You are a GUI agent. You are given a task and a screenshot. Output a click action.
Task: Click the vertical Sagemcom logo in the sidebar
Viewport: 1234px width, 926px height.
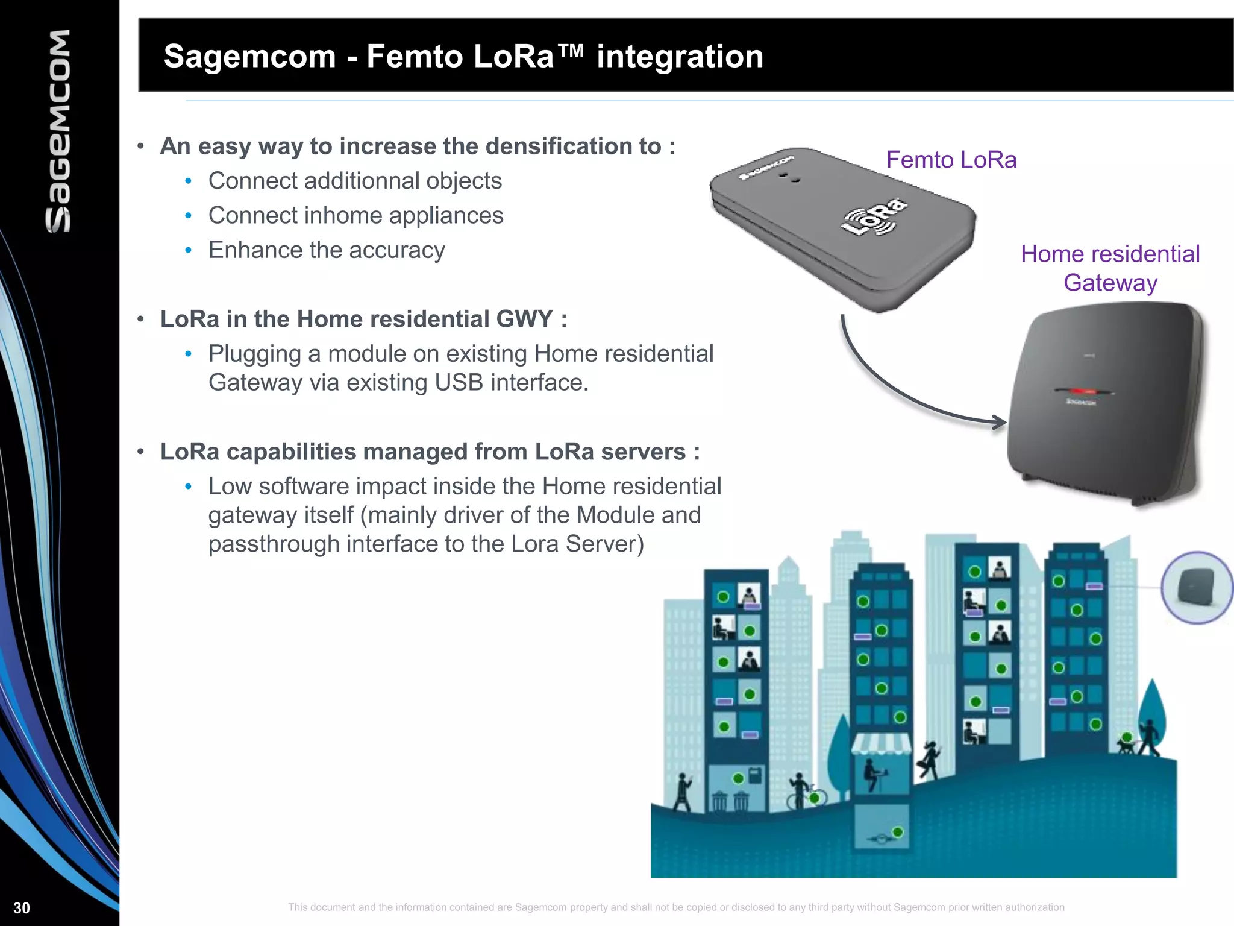pyautogui.click(x=58, y=131)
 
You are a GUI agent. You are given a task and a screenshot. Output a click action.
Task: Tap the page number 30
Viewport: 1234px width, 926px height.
pyautogui.click(x=22, y=908)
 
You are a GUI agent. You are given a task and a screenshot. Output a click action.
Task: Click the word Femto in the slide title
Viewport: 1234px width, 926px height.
pyautogui.click(x=415, y=56)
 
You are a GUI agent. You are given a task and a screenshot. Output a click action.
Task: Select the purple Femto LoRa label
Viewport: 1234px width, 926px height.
pyautogui.click(x=951, y=160)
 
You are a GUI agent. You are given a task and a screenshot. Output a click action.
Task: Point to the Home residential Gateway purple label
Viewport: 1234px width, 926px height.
pyautogui.click(x=1110, y=268)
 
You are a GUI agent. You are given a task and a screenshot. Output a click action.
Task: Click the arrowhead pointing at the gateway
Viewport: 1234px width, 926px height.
pyautogui.click(x=1000, y=422)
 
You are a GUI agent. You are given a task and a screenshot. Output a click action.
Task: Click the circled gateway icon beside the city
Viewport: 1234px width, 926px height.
pyautogui.click(x=1196, y=587)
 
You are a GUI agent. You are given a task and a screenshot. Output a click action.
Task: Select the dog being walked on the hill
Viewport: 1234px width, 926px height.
pyautogui.click(x=1124, y=746)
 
